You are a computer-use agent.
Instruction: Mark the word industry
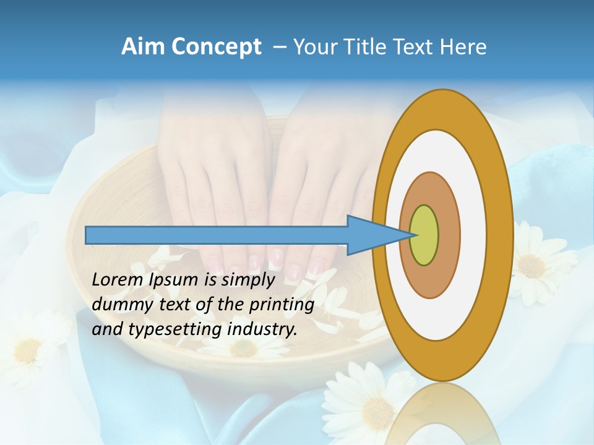click(x=262, y=329)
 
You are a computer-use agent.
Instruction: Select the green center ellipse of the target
click(x=424, y=235)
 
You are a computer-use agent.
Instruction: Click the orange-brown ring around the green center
click(x=449, y=235)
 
